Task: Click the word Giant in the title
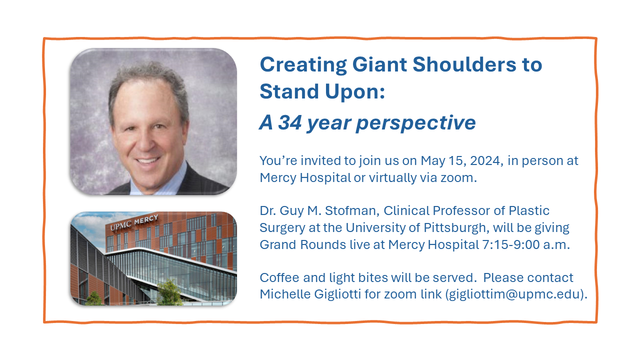(379, 65)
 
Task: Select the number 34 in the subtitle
(289, 122)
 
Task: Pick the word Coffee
(279, 277)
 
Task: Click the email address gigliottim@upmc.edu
(516, 294)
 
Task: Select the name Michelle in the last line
(285, 294)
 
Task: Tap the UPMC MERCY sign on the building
(134, 222)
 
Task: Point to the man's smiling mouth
(147, 160)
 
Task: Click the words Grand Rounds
(303, 245)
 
